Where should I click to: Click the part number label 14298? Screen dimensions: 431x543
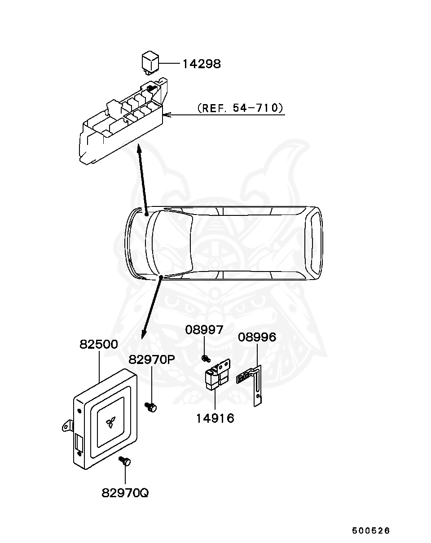point(201,64)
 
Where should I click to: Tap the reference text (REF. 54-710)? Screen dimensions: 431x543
point(240,108)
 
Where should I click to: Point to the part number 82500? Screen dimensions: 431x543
point(99,345)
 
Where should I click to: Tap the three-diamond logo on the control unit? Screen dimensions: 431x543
point(109,422)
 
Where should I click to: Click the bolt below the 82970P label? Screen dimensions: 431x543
point(151,407)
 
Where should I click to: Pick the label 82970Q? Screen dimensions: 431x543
point(125,493)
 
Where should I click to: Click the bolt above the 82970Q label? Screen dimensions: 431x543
point(125,461)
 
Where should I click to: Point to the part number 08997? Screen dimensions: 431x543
point(204,330)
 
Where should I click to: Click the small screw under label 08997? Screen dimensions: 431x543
point(205,358)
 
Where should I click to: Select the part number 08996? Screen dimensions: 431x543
point(257,337)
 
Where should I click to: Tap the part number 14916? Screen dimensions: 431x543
point(215,418)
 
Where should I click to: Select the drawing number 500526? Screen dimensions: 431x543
point(371,530)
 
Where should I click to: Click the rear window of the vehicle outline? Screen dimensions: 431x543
point(314,243)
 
